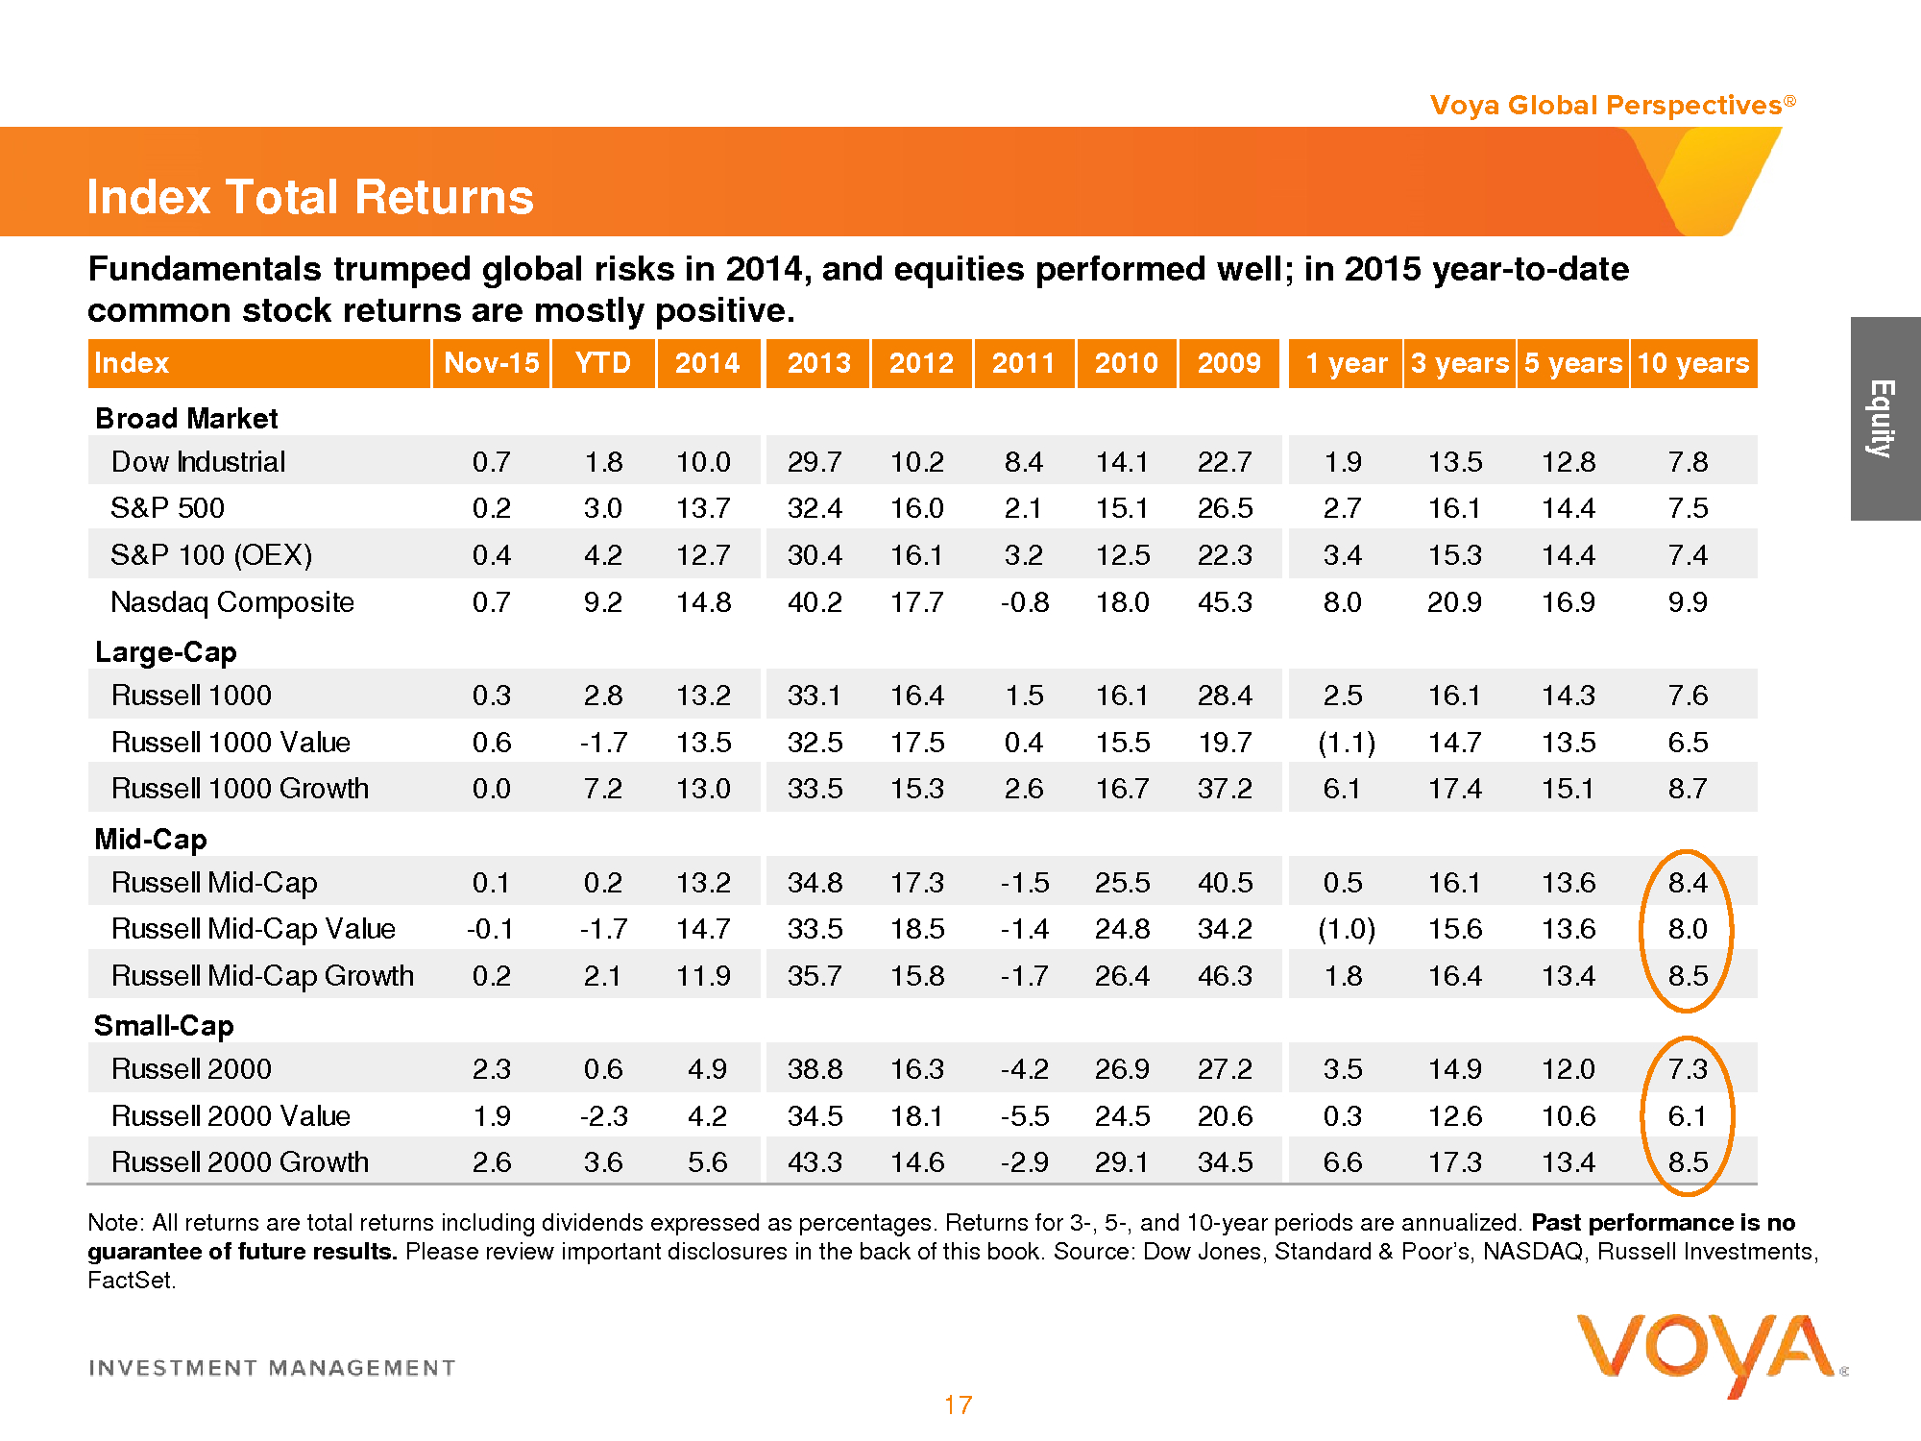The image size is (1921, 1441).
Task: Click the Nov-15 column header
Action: click(x=491, y=363)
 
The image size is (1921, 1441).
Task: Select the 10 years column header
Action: click(x=1692, y=363)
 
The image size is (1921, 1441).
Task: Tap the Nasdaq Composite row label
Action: click(x=232, y=602)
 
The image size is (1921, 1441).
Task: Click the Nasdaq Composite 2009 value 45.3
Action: click(x=1225, y=602)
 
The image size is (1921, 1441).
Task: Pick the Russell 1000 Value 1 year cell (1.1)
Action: click(x=1346, y=743)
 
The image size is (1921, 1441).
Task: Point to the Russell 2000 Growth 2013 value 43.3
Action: click(x=815, y=1162)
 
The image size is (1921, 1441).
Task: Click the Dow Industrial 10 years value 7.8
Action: click(x=1688, y=462)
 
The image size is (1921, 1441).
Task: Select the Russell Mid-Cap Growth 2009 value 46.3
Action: click(x=1225, y=976)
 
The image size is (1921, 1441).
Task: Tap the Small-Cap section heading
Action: click(x=163, y=1026)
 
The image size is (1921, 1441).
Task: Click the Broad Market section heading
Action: click(x=186, y=419)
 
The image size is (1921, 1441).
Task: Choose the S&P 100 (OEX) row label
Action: click(x=211, y=555)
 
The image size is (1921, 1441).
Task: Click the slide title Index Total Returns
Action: click(x=309, y=197)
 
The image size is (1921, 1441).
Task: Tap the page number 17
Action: click(x=958, y=1405)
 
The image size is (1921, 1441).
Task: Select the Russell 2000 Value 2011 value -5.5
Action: click(x=1024, y=1116)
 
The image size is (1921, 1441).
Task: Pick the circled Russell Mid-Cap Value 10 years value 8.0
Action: click(x=1688, y=929)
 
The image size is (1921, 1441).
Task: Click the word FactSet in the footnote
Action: click(x=131, y=1281)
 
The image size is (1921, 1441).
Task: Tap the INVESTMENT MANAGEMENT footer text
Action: click(x=272, y=1368)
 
